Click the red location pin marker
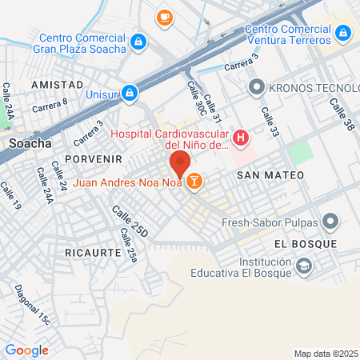click(179, 163)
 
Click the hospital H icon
click(242, 141)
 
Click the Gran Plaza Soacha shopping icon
click(139, 41)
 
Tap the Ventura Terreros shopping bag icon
click(343, 33)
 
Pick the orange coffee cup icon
click(164, 17)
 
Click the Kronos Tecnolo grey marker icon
click(256, 86)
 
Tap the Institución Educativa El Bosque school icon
click(304, 265)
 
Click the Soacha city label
click(30, 143)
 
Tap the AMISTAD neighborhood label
click(57, 84)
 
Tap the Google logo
click(27, 350)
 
